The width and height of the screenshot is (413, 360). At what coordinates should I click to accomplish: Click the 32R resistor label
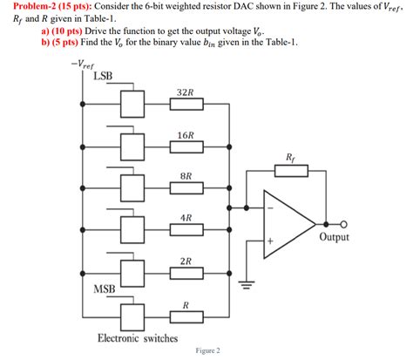184,92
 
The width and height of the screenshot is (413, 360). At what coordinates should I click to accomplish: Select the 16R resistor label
185,136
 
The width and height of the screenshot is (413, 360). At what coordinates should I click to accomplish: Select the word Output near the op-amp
335,237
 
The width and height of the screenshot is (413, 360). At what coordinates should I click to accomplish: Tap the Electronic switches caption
138,338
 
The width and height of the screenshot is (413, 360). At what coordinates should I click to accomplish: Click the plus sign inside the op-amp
271,240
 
